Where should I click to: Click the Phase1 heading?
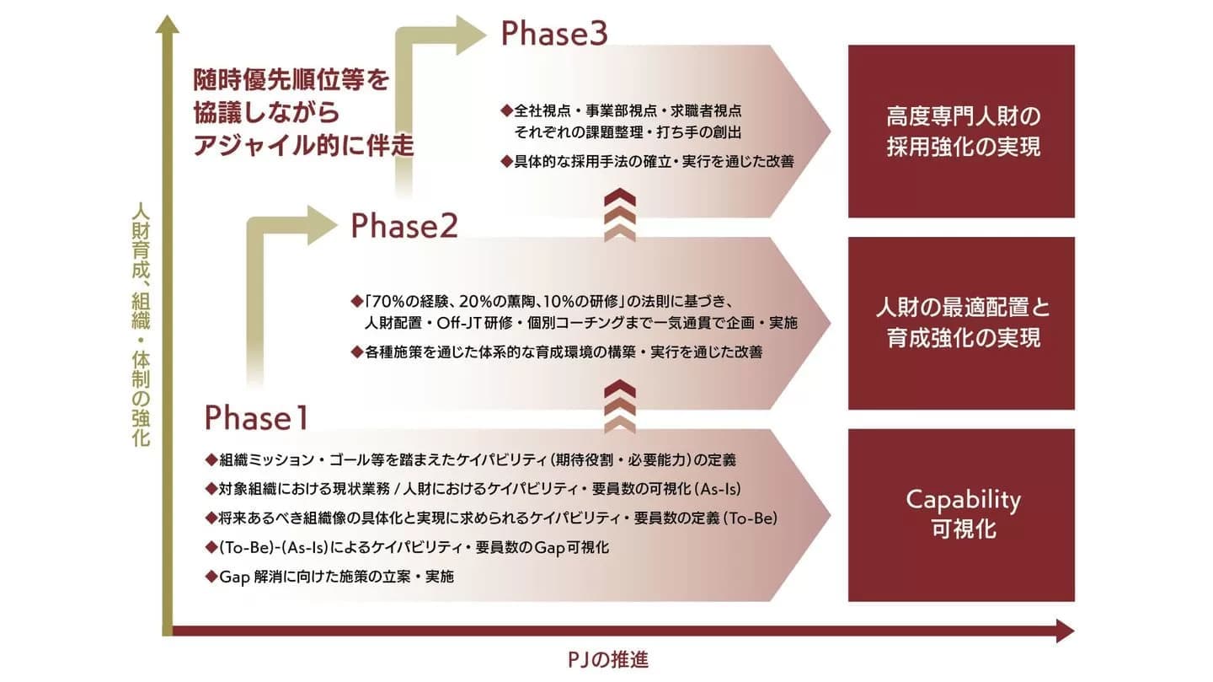coord(257,418)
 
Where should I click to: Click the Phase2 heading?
coord(404,226)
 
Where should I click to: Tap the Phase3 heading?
coord(554,34)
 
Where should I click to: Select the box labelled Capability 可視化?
coord(961,514)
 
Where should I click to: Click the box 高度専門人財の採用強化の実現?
coord(961,131)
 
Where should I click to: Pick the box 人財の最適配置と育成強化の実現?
coord(961,323)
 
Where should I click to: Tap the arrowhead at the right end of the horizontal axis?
coord(1065,631)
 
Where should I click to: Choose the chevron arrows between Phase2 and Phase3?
coord(620,216)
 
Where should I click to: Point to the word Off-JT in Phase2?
coord(505,323)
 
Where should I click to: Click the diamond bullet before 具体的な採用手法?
coord(506,159)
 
